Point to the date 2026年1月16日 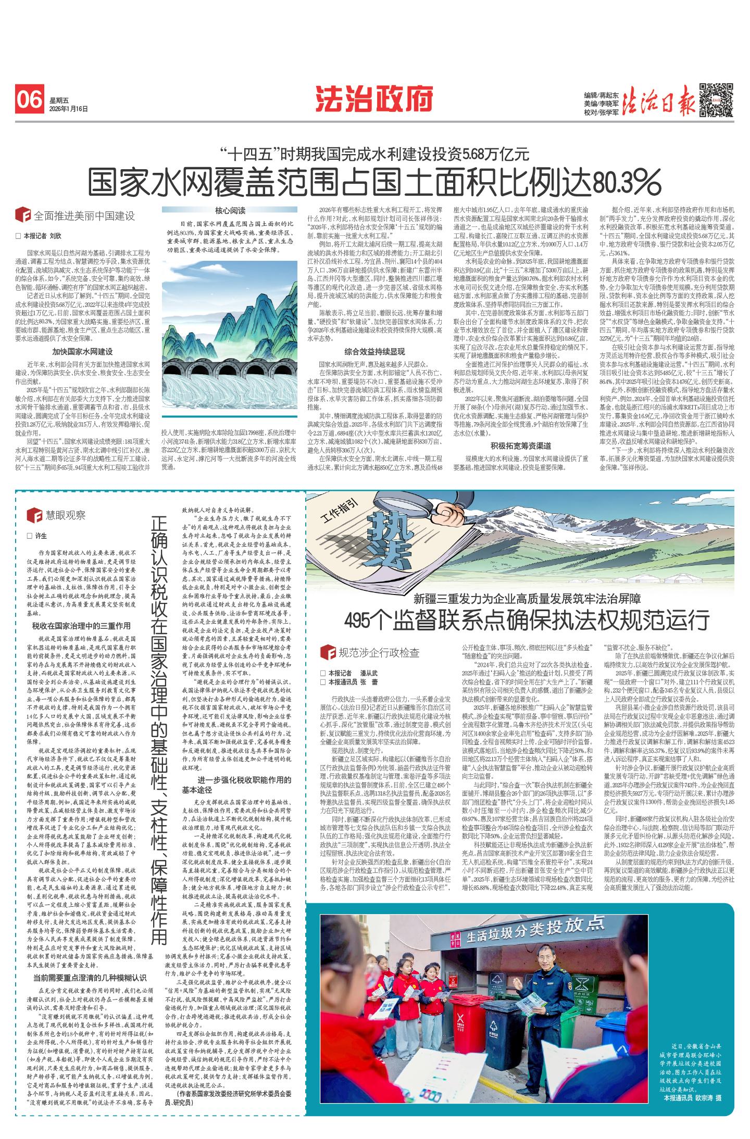(69, 109)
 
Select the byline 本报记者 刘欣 (41, 236)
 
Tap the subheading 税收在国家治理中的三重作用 (82, 626)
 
